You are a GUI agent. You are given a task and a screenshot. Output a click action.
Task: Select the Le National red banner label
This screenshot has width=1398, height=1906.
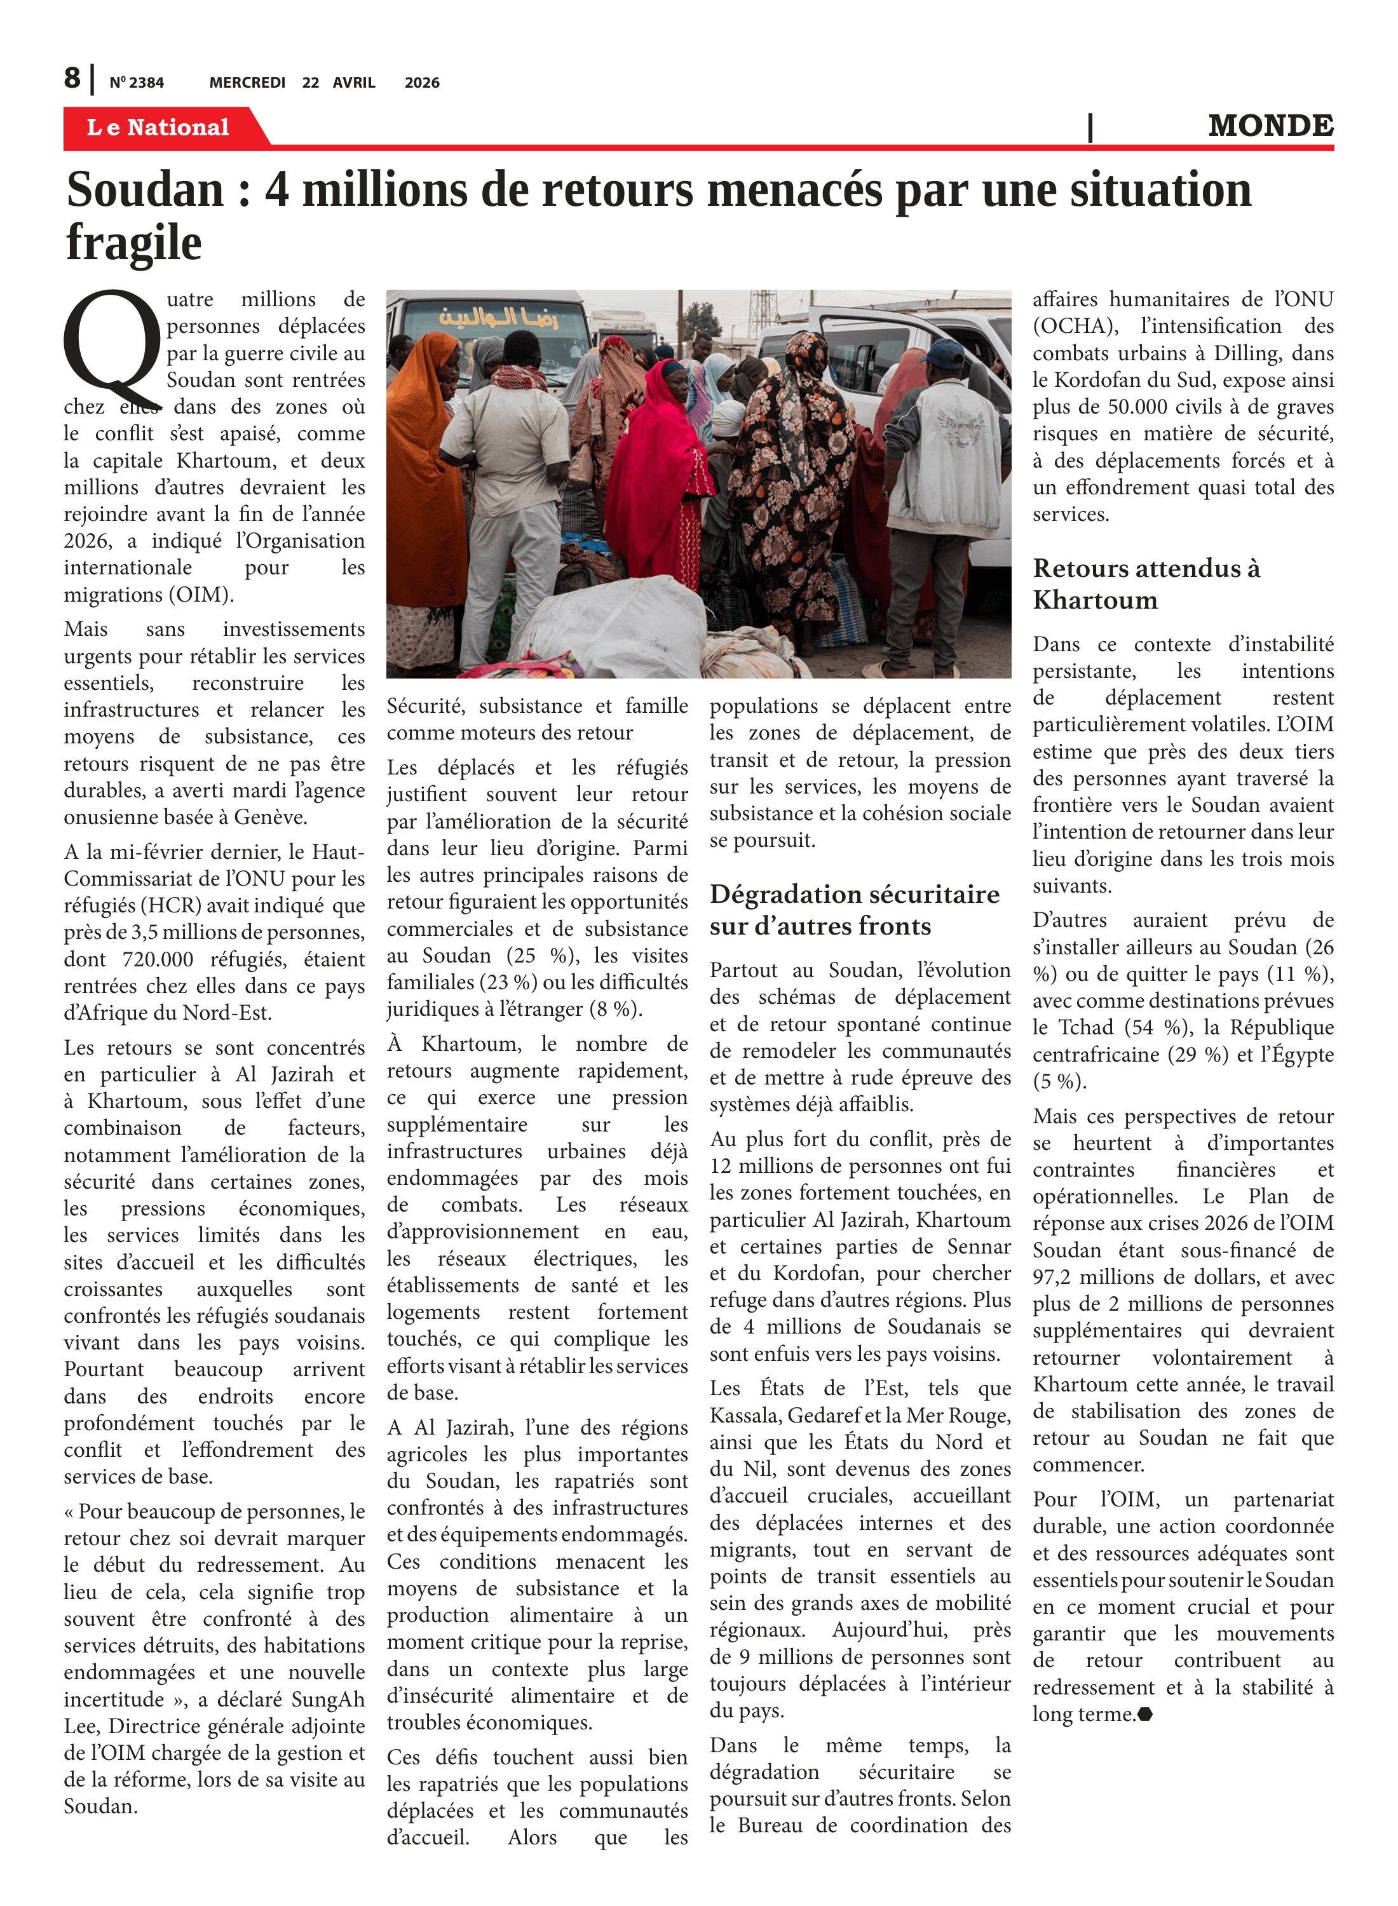[x=158, y=128]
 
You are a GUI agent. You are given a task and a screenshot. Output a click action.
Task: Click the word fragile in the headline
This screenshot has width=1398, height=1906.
[x=133, y=243]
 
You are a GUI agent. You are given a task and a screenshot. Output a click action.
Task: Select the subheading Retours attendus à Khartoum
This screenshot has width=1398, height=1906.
[x=1146, y=584]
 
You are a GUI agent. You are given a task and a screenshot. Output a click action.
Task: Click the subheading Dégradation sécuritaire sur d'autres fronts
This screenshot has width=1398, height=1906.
[x=854, y=909]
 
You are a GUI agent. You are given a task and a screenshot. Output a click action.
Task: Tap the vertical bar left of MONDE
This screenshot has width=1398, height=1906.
[x=1090, y=127]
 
